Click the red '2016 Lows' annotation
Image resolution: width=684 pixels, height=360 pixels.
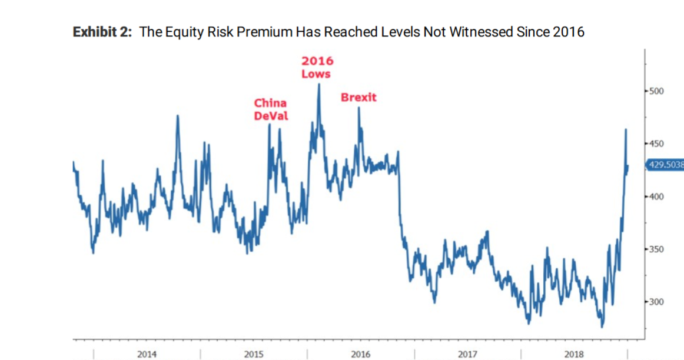pyautogui.click(x=317, y=67)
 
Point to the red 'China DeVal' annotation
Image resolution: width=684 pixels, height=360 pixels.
pyautogui.click(x=271, y=109)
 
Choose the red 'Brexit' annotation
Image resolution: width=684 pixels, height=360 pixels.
pyautogui.click(x=358, y=98)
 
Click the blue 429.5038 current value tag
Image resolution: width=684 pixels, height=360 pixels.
pyautogui.click(x=665, y=165)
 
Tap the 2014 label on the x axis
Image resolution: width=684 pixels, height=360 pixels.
pyautogui.click(x=147, y=354)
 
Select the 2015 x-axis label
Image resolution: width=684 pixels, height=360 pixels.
pyautogui.click(x=254, y=354)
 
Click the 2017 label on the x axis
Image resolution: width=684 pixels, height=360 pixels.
pyautogui.click(x=467, y=354)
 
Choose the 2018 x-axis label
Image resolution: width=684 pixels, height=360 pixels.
pyautogui.click(x=574, y=354)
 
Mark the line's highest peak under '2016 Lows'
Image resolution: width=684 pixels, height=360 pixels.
pyautogui.click(x=318, y=84)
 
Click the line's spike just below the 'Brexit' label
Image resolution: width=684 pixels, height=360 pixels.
pyautogui.click(x=358, y=108)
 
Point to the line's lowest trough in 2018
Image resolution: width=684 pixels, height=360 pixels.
pyautogui.click(x=602, y=326)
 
